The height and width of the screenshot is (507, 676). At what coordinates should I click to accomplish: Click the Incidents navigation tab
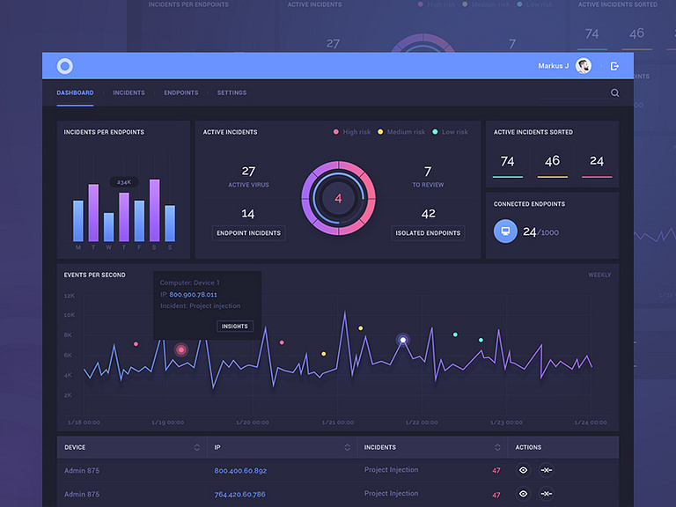[x=129, y=92]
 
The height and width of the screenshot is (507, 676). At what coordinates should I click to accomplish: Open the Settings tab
[x=231, y=92]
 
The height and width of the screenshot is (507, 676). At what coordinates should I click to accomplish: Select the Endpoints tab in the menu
[x=180, y=92]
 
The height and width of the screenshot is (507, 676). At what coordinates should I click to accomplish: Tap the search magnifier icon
[x=614, y=92]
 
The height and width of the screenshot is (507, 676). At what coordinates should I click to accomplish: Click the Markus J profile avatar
[x=584, y=66]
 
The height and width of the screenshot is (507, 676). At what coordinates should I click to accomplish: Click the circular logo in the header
[x=65, y=66]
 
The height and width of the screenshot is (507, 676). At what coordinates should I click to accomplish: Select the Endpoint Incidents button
[x=248, y=233]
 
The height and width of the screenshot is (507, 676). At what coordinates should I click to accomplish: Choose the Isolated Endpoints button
[x=429, y=233]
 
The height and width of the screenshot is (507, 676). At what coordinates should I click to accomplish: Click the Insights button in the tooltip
[x=235, y=326]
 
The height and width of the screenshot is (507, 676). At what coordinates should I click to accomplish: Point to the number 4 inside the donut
[x=338, y=199]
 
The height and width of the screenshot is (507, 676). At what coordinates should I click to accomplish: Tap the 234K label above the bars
[x=124, y=182]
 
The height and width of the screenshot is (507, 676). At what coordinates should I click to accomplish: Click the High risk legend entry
[x=352, y=132]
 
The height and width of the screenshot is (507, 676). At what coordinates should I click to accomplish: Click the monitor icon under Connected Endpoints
[x=505, y=231]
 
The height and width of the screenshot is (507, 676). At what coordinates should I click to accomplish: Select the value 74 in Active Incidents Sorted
[x=507, y=161]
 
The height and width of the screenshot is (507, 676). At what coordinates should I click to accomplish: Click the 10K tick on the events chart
[x=70, y=315]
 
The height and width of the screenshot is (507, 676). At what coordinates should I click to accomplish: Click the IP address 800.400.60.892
[x=240, y=470]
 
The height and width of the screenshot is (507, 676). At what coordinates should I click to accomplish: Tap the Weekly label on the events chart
[x=599, y=276]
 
